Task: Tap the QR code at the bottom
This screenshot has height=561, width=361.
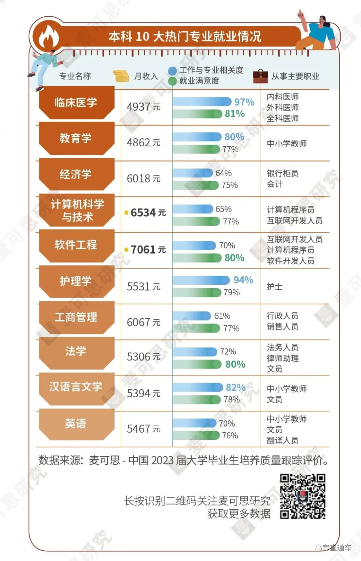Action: point(303,496)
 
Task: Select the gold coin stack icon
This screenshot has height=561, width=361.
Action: point(121,76)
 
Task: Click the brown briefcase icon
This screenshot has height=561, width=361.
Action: point(260,76)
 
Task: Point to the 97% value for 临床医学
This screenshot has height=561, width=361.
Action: point(244,102)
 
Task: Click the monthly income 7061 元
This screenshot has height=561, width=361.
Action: point(148,250)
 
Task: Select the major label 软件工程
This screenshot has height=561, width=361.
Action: point(76,245)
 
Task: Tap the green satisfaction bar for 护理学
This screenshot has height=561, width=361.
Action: point(197,293)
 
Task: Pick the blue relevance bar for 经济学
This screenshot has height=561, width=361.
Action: point(193,173)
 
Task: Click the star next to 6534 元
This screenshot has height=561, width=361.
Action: point(126,213)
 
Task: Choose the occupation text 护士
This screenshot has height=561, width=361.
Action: point(274,287)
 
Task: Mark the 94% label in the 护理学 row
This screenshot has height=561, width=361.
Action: point(243,280)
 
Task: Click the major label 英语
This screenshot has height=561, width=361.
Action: point(76,424)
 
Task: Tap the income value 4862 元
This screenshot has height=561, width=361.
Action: point(143,143)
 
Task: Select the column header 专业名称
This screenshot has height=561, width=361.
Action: point(75,76)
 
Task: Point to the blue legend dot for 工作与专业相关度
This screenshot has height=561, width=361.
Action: point(172,71)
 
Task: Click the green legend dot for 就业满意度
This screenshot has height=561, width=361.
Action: point(172,81)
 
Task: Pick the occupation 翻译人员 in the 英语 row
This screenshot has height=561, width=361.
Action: point(282,440)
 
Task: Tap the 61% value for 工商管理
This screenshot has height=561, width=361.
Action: point(222,316)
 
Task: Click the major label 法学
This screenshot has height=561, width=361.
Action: point(76,352)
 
